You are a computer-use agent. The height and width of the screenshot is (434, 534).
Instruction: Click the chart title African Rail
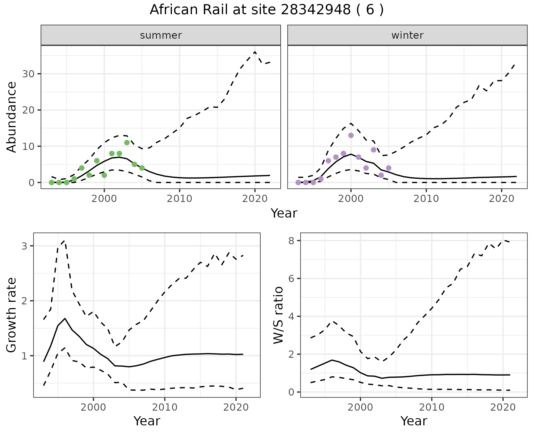tap(266, 10)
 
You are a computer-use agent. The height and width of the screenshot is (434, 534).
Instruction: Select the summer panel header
tap(161, 35)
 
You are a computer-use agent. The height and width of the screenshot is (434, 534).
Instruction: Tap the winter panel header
tap(407, 35)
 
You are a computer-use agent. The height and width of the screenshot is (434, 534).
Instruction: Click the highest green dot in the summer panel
tap(127, 143)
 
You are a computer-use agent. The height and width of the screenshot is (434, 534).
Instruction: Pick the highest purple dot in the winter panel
tap(351, 135)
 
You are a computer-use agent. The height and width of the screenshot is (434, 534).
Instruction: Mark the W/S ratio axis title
tap(278, 315)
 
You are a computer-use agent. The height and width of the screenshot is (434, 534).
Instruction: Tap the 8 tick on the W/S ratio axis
tap(291, 241)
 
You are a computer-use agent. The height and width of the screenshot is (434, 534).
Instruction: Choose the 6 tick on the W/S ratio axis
tap(291, 278)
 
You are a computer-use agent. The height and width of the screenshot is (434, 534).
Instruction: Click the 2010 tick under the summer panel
tap(180, 199)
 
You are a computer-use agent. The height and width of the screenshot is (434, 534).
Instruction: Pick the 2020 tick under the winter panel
tap(501, 199)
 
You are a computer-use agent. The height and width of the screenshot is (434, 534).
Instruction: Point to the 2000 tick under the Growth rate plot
tap(93, 407)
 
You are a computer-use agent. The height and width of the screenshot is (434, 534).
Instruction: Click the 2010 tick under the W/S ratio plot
tap(432, 407)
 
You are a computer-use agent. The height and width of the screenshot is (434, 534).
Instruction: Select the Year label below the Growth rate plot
tap(147, 421)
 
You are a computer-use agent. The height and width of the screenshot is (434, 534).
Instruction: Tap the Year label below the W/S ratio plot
tap(414, 421)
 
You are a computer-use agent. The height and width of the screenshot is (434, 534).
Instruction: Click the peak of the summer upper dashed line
tap(255, 52)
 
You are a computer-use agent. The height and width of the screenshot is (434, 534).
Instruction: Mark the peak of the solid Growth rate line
tap(65, 318)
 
